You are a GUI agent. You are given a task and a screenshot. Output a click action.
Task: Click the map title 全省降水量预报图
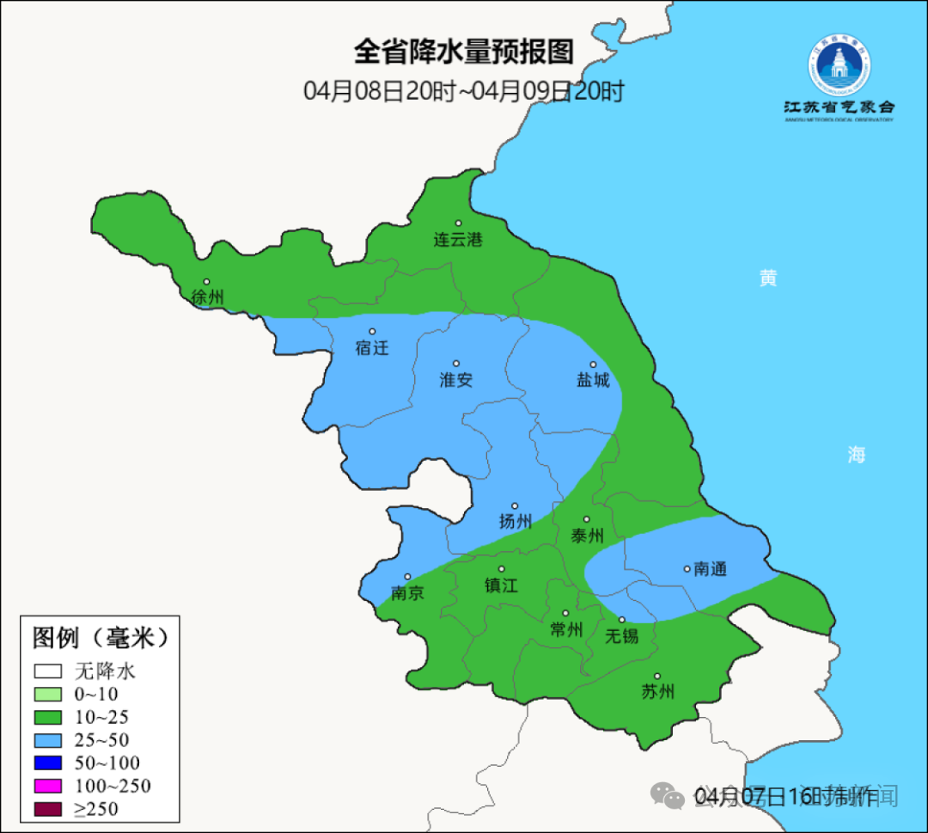click(463, 52)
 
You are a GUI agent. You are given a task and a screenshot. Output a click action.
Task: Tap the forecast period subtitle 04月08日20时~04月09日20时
click(463, 90)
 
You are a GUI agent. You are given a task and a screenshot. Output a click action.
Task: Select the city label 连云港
click(457, 240)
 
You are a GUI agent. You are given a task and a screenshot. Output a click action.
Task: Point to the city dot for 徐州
click(206, 281)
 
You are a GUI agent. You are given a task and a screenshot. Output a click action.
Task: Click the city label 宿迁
click(372, 348)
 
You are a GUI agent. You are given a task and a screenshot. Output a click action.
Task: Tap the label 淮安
click(456, 380)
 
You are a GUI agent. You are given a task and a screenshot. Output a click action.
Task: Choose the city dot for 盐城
click(593, 364)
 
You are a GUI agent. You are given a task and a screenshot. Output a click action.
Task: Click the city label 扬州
click(516, 521)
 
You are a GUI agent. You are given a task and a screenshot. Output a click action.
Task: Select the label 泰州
click(587, 536)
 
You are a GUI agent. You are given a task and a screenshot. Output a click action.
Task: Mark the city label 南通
click(710, 569)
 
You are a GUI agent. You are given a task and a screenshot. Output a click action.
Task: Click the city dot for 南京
click(407, 577)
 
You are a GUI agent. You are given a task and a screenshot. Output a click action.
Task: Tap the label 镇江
click(501, 585)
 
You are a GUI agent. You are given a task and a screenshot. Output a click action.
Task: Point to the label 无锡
click(622, 636)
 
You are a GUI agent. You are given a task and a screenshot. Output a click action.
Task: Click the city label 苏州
click(657, 692)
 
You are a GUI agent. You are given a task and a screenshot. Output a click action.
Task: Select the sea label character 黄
click(767, 278)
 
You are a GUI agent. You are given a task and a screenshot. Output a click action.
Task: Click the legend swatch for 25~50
click(48, 739)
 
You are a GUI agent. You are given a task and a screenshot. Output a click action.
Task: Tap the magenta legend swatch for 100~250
click(48, 786)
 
